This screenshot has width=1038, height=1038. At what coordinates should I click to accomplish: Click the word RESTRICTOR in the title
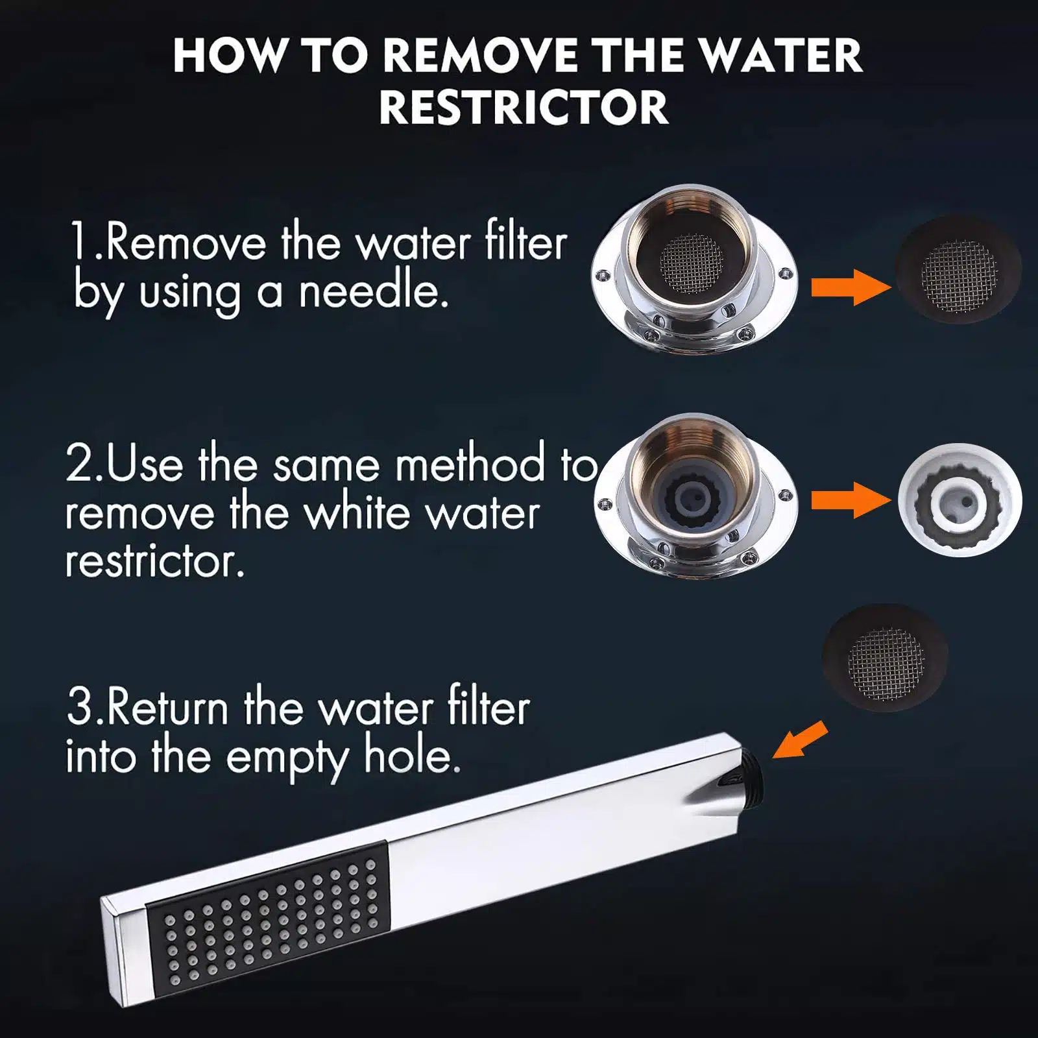coord(524,107)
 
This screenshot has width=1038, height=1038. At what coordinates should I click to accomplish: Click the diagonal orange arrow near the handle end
coord(799,740)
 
